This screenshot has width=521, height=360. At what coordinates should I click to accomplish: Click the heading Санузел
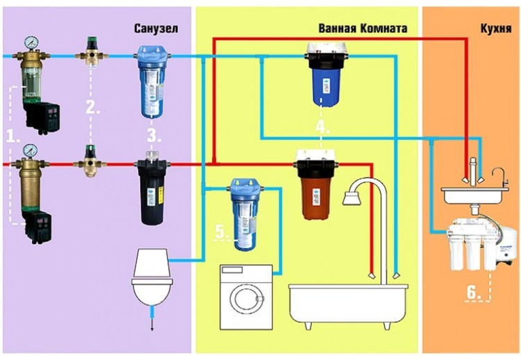coord(156,28)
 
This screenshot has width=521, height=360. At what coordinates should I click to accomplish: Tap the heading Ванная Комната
coord(363,28)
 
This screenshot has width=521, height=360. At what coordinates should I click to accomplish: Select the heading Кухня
coord(496,28)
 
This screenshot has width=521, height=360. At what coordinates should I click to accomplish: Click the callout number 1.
coord(13,136)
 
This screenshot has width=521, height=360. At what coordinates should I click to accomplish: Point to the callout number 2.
coord(92,107)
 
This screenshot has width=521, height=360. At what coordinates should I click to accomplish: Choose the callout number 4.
coord(322,127)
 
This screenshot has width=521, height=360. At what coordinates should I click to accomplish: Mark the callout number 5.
coord(222,231)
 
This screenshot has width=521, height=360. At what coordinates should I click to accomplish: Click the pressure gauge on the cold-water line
coord(31,43)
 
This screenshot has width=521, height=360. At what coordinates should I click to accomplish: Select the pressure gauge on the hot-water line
coord(31,151)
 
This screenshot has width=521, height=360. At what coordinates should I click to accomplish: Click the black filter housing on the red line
coord(153,190)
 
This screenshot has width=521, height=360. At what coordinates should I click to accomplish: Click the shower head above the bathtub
coord(352,199)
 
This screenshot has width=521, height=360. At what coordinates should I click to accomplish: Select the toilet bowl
coord(153,292)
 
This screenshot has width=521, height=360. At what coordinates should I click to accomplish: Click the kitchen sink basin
coord(474,195)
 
